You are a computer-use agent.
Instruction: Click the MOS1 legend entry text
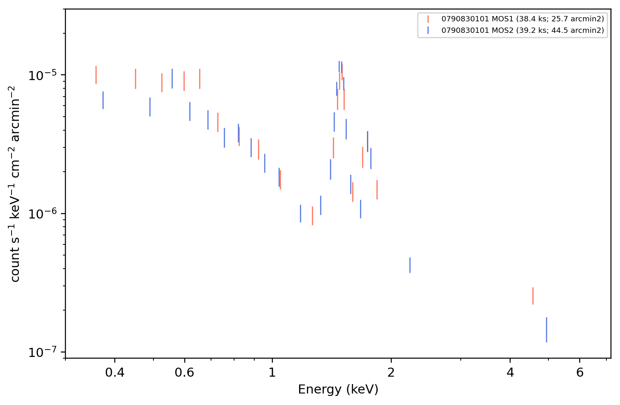pyautogui.click(x=522, y=19)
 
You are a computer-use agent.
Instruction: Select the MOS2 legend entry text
pyautogui.click(x=522, y=30)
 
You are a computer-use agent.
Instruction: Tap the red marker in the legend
pyautogui.click(x=428, y=19)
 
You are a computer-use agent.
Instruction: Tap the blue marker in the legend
pyautogui.click(x=428, y=30)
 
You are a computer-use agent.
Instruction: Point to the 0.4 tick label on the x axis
pyautogui.click(x=115, y=373)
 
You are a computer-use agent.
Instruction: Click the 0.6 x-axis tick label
pyautogui.click(x=184, y=373)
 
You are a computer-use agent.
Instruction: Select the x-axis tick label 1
pyautogui.click(x=272, y=373)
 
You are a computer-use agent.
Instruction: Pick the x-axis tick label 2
pyautogui.click(x=391, y=373)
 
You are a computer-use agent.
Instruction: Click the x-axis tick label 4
pyautogui.click(x=510, y=373)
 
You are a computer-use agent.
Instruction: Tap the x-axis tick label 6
pyautogui.click(x=580, y=373)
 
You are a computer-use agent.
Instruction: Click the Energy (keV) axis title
pyautogui.click(x=338, y=389)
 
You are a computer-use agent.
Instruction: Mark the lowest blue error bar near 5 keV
pyautogui.click(x=546, y=330)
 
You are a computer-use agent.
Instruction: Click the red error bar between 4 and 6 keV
pyautogui.click(x=533, y=296)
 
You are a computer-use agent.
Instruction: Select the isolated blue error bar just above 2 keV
pyautogui.click(x=410, y=265)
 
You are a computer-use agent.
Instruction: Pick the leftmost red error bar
pyautogui.click(x=96, y=75)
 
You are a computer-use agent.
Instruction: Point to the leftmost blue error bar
pyautogui.click(x=103, y=100)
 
